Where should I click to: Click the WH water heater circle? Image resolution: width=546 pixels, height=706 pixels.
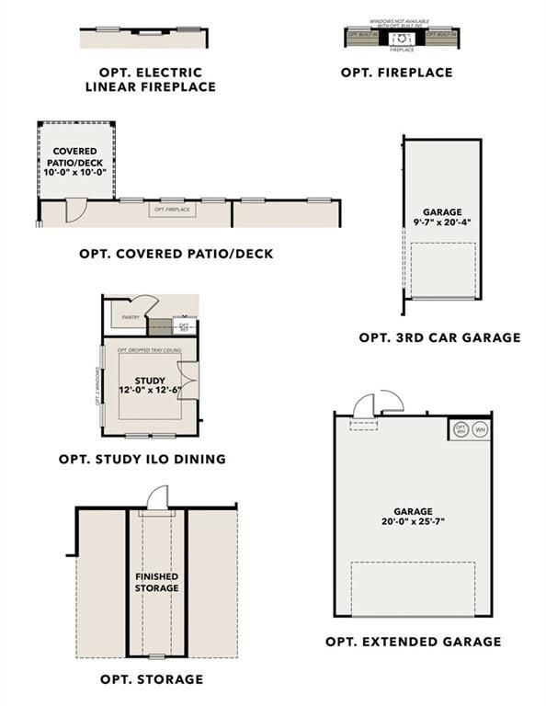tap(481, 430)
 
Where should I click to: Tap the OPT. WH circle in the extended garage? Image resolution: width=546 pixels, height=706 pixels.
tap(461, 430)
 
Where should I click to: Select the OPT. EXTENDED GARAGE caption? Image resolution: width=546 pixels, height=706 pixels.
tap(414, 642)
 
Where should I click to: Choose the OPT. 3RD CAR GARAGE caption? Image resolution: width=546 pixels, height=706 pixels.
tap(439, 337)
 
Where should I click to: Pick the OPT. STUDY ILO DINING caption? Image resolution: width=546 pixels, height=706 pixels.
tap(142, 459)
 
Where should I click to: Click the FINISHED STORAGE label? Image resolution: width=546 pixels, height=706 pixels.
tap(156, 582)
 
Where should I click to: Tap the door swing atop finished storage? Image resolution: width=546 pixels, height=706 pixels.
tap(159, 497)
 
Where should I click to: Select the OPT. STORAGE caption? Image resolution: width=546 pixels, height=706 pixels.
tap(152, 679)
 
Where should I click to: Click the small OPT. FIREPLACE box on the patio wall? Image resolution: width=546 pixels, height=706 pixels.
tap(172, 210)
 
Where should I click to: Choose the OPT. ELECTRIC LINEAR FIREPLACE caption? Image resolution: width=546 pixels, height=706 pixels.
tap(150, 79)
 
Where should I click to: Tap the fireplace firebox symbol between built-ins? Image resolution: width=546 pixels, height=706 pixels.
tap(402, 38)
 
